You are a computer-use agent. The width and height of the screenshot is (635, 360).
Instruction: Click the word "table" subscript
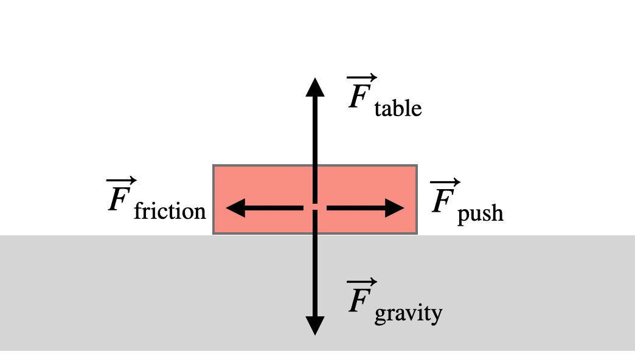[398, 109]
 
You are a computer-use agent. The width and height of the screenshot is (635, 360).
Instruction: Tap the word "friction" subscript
[170, 212]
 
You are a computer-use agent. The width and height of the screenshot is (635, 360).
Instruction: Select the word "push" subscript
[481, 213]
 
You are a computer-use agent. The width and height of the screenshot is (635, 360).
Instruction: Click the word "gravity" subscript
[408, 314]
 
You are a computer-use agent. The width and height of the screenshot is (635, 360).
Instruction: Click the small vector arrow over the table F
[362, 79]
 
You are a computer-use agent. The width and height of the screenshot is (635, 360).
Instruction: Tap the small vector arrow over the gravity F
[362, 283]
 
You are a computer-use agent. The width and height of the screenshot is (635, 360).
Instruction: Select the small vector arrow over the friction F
[122, 182]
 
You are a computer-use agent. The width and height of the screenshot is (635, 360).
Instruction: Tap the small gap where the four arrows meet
[314, 209]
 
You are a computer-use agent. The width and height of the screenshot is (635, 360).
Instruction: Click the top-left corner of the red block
[213, 166]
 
